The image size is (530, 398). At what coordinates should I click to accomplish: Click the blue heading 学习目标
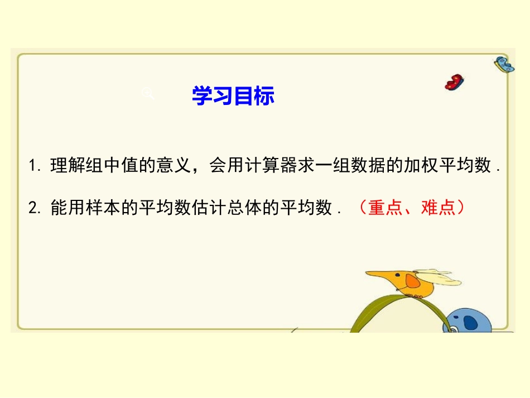click(233, 95)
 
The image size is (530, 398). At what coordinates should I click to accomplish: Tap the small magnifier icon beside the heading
click(148, 93)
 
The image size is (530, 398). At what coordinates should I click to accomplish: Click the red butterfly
click(455, 81)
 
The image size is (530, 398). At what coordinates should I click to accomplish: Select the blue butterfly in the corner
click(504, 65)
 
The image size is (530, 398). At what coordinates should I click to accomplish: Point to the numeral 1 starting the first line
click(32, 166)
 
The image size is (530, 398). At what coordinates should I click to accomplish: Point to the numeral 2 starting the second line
click(32, 209)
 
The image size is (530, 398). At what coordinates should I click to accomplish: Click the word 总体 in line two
click(262, 208)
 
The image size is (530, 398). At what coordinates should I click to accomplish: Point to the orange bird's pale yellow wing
click(441, 277)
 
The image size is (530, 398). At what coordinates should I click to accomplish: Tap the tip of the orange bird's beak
click(367, 274)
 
